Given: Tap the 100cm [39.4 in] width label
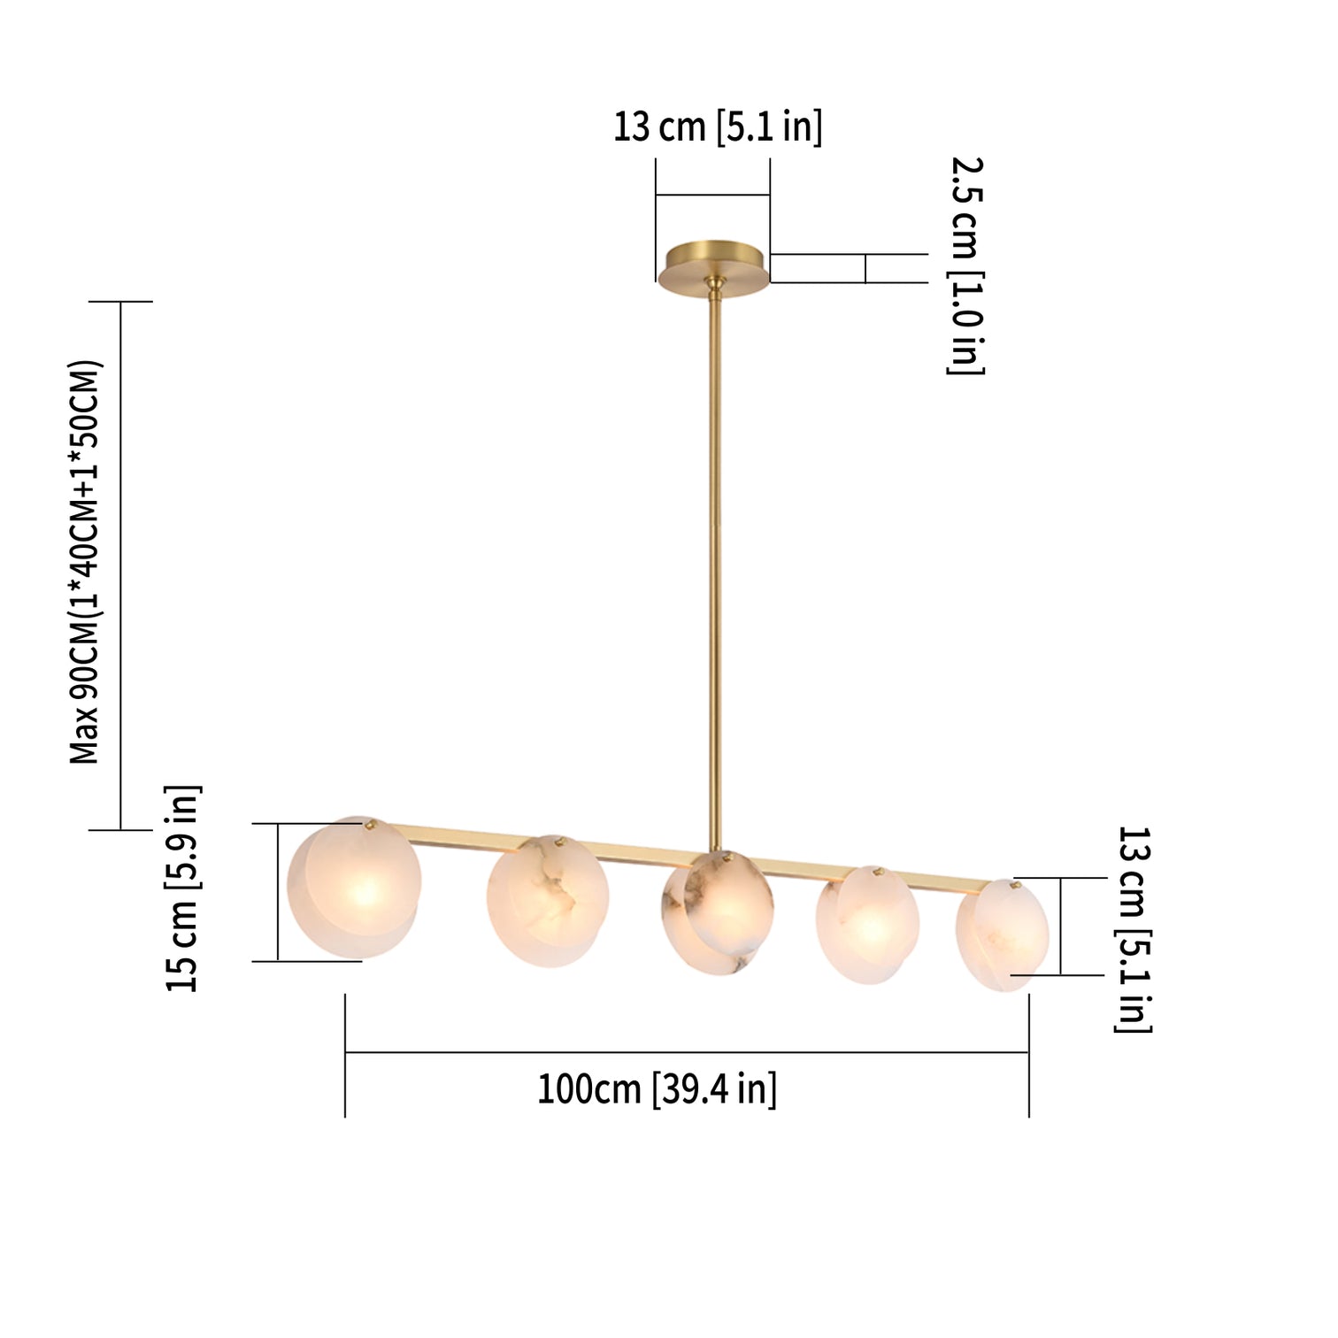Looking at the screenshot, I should coord(657,1088).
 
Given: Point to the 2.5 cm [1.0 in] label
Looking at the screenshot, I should coord(965,265).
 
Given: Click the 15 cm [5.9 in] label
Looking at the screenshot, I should coord(183,888).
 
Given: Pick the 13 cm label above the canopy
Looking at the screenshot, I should coord(717,127).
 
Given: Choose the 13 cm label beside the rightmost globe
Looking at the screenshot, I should coord(1133,929).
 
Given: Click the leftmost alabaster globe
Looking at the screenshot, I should coord(353,888).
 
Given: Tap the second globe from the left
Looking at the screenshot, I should coord(547,901).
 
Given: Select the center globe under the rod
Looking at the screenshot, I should coord(717,911).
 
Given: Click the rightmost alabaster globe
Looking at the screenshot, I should coord(1002,935).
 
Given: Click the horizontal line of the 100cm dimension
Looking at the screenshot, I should coord(687,1052).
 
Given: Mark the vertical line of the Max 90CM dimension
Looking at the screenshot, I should coord(120,566).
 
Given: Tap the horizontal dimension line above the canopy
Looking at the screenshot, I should coord(712,195).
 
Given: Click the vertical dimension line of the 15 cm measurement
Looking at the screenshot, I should coord(278,892).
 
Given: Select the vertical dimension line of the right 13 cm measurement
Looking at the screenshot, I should coord(1060,927).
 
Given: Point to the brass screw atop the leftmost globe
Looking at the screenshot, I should coord(369,825).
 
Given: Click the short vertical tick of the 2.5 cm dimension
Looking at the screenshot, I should coord(865,268).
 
